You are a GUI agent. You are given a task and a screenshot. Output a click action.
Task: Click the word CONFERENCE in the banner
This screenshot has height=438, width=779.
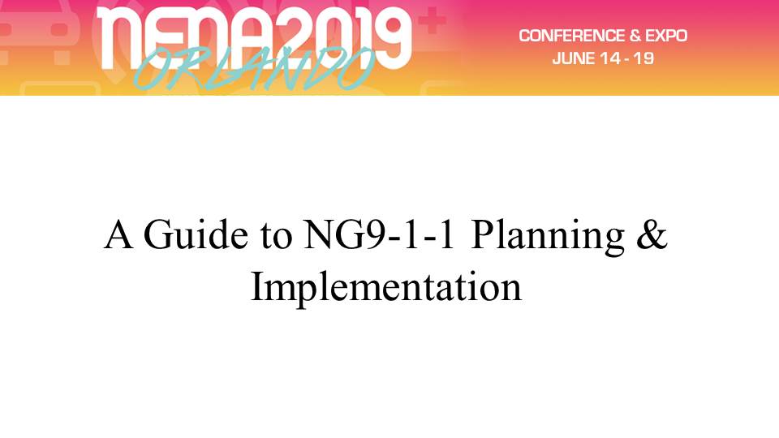[x=570, y=36]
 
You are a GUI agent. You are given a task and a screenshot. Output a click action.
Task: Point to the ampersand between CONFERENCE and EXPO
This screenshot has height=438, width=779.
[x=634, y=36]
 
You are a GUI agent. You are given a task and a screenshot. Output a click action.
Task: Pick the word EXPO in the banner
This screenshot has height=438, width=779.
[x=666, y=36]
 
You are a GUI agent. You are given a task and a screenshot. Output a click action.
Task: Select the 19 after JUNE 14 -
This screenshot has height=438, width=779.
[x=643, y=58]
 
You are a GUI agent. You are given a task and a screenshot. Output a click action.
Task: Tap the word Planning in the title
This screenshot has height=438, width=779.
[x=548, y=238]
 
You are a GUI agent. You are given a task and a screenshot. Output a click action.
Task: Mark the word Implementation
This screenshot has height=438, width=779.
[x=386, y=289]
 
